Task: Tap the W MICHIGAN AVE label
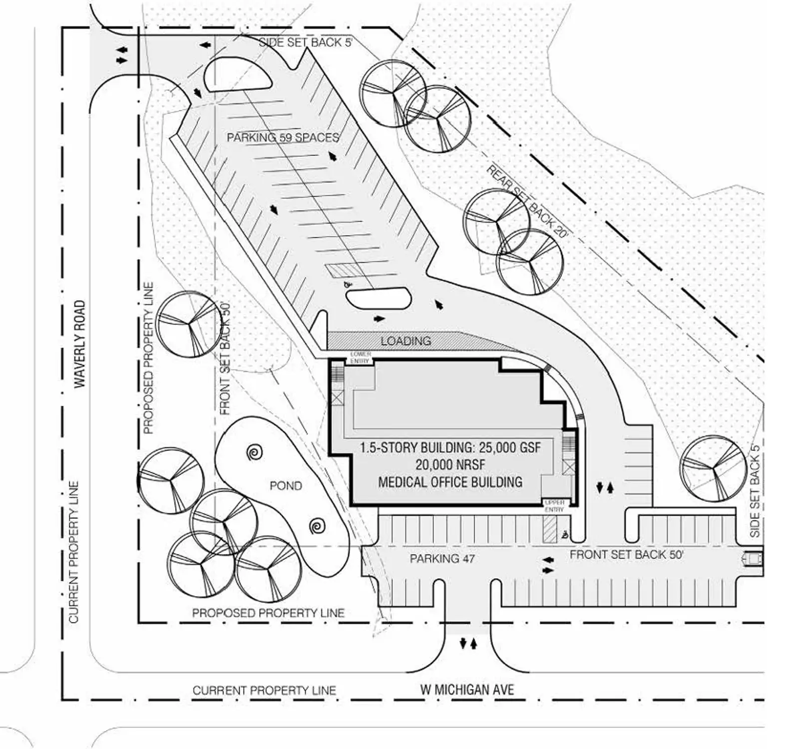pyautogui.click(x=467, y=690)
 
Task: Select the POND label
pyautogui.click(x=286, y=486)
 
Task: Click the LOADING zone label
pyautogui.click(x=405, y=341)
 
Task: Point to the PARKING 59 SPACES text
pyautogui.click(x=283, y=137)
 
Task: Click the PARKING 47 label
pyautogui.click(x=442, y=558)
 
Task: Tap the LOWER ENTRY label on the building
pyautogui.click(x=360, y=357)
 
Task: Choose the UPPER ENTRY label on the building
pyautogui.click(x=554, y=505)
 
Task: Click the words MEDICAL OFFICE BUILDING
pyautogui.click(x=450, y=482)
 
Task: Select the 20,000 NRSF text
pyautogui.click(x=450, y=465)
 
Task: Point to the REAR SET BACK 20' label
pyautogui.click(x=527, y=203)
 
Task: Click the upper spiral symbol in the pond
pyautogui.click(x=255, y=453)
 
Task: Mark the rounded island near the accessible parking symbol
pyautogui.click(x=379, y=299)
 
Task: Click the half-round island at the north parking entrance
pyautogui.click(x=237, y=75)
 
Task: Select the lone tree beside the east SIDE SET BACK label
pyautogui.click(x=713, y=468)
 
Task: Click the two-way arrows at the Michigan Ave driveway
pyautogui.click(x=468, y=644)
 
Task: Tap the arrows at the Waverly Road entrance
pyautogui.click(x=121, y=55)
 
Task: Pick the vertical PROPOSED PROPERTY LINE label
pyautogui.click(x=148, y=358)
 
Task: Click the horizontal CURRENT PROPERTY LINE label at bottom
pyautogui.click(x=264, y=691)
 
